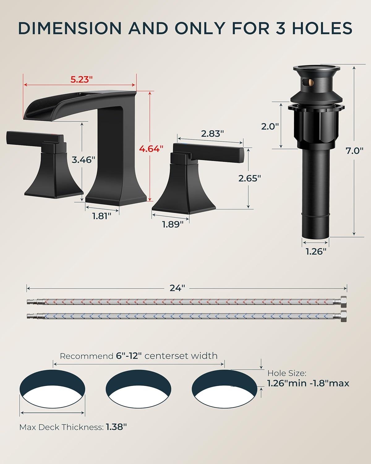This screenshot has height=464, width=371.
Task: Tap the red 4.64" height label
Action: click(x=151, y=148)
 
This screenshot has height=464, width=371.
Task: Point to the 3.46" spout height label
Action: click(x=83, y=160)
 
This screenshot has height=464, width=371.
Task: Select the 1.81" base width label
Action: click(x=102, y=216)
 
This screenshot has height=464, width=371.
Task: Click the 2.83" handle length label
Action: click(x=212, y=134)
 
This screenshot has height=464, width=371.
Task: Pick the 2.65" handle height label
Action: click(x=249, y=178)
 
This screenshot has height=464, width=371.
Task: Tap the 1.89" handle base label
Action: click(x=173, y=225)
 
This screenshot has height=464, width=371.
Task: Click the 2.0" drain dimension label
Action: click(x=270, y=126)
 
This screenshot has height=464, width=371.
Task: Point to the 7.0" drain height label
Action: click(x=354, y=151)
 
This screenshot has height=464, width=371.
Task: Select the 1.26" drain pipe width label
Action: click(x=316, y=251)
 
